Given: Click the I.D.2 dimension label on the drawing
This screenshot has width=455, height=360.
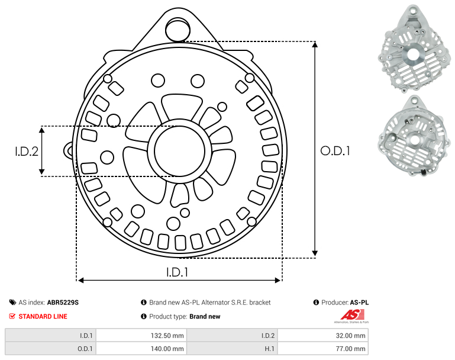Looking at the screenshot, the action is [27, 151].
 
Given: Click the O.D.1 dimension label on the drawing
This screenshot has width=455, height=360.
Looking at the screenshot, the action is [335, 150].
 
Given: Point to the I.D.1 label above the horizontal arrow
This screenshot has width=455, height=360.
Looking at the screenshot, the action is [177, 272].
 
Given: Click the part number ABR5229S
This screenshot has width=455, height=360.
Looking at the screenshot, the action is [63, 303].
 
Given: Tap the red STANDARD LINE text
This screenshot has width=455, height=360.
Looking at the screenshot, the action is [43, 316].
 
